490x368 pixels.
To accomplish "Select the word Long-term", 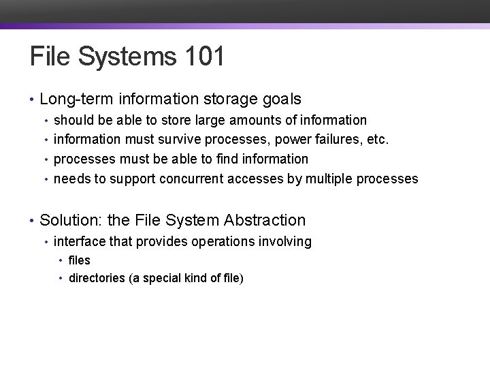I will pos(76,99).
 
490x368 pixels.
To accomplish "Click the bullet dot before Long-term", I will pos(32,100).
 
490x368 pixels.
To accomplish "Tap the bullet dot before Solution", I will pos(32,221).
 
